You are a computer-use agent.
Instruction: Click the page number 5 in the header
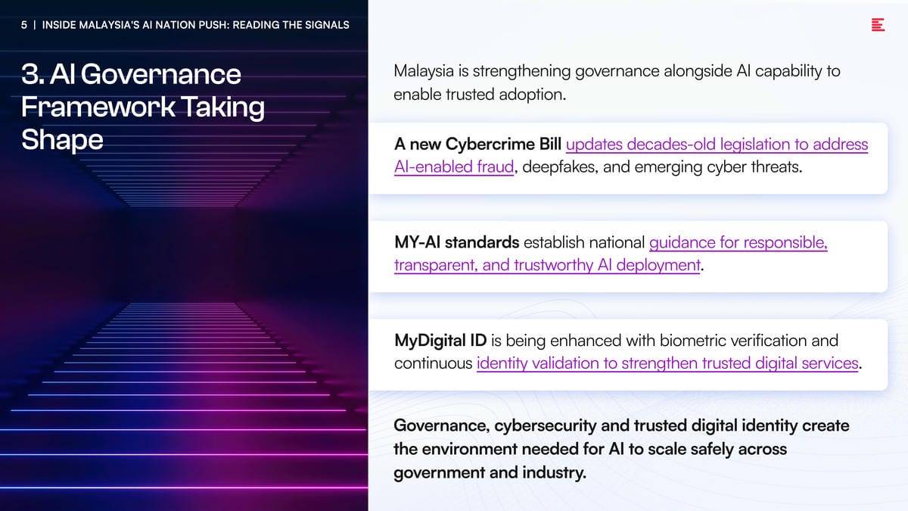tap(24, 25)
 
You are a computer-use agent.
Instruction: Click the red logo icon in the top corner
tap(878, 25)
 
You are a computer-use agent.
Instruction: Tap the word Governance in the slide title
tap(160, 75)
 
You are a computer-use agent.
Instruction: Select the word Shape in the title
tap(62, 140)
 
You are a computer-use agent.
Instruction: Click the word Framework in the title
tap(98, 107)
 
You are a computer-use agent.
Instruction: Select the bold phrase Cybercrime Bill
tap(503, 144)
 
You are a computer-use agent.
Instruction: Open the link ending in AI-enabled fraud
tap(454, 167)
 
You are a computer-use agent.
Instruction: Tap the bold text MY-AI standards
tap(456, 242)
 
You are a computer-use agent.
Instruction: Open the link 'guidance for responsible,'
tap(739, 242)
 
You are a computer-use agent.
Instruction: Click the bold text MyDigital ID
tap(440, 341)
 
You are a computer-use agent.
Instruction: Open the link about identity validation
tap(667, 363)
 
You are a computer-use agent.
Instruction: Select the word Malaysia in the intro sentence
tap(424, 71)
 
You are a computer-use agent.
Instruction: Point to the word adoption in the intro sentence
tap(532, 95)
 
